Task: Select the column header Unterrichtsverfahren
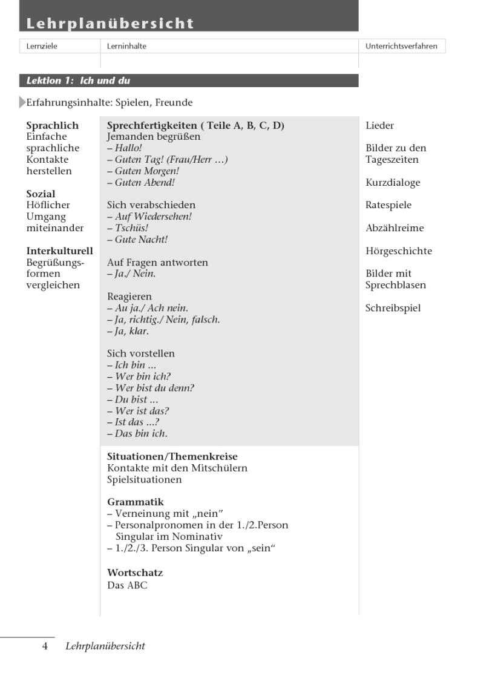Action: pyautogui.click(x=402, y=46)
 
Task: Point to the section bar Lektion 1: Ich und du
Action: pyautogui.click(x=78, y=80)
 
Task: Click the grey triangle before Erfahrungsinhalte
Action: pyautogui.click(x=23, y=102)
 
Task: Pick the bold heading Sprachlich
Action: pyautogui.click(x=52, y=126)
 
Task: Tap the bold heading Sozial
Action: pyautogui.click(x=41, y=194)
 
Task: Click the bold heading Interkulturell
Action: pyautogui.click(x=59, y=251)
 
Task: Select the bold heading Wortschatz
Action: pyautogui.click(x=135, y=573)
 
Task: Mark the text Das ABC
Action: pyautogui.click(x=127, y=585)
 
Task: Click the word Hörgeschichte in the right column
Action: pyautogui.click(x=399, y=251)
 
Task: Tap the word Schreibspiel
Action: pyautogui.click(x=393, y=308)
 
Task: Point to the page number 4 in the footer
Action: pyautogui.click(x=45, y=646)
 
